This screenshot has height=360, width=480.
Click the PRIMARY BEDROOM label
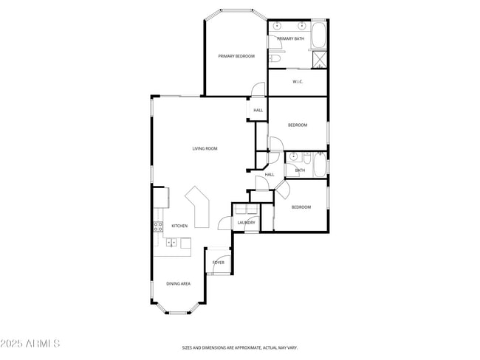(236, 56)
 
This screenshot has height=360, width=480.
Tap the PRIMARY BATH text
(290, 38)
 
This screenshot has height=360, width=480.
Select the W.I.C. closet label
(298, 82)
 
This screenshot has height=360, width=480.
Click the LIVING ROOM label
(205, 149)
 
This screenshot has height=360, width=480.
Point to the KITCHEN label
(179, 226)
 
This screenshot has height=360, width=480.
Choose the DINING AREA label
(178, 283)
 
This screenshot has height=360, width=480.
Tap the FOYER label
(219, 262)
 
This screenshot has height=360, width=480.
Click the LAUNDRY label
(246, 222)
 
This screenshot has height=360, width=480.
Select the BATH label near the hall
(300, 170)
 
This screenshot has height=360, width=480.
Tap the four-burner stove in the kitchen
(158, 226)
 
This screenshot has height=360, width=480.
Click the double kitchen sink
(171, 242)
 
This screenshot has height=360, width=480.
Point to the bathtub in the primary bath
(320, 35)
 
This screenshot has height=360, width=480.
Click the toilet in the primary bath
(274, 58)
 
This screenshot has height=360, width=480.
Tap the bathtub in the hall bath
(320, 165)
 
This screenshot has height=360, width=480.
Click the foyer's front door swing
(224, 254)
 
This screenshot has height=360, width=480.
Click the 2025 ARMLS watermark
(30, 344)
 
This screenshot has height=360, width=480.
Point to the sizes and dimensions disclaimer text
(240, 347)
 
